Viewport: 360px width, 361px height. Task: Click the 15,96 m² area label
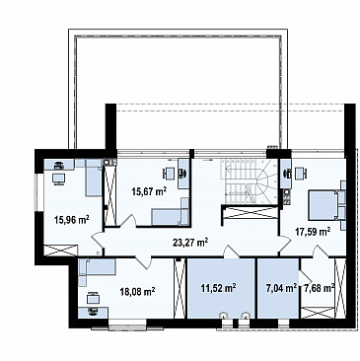point(72,219)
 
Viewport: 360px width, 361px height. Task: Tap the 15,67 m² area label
point(149,191)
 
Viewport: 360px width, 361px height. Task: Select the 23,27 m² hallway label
point(190,243)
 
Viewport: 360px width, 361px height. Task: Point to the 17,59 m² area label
point(312,232)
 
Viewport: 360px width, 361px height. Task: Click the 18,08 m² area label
point(138,291)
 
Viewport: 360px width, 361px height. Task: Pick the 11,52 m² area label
point(218,288)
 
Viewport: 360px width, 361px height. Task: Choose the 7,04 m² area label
point(281,288)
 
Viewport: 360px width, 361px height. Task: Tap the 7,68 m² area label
point(320,288)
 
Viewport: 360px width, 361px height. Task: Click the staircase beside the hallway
point(250,181)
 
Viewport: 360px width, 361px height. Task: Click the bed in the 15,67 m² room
point(171,215)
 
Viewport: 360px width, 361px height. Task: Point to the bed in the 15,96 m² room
point(94,178)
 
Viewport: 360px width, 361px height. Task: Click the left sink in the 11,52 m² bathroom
point(224,316)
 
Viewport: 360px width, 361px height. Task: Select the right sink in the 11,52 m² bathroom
point(246,316)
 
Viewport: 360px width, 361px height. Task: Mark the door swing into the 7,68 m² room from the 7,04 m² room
point(304,278)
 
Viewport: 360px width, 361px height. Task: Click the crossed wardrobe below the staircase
point(250,212)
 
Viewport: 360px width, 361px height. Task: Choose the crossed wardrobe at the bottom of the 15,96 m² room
point(61,251)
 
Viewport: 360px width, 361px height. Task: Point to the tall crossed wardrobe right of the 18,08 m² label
point(180,288)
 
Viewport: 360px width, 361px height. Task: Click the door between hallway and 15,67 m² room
point(128,221)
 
